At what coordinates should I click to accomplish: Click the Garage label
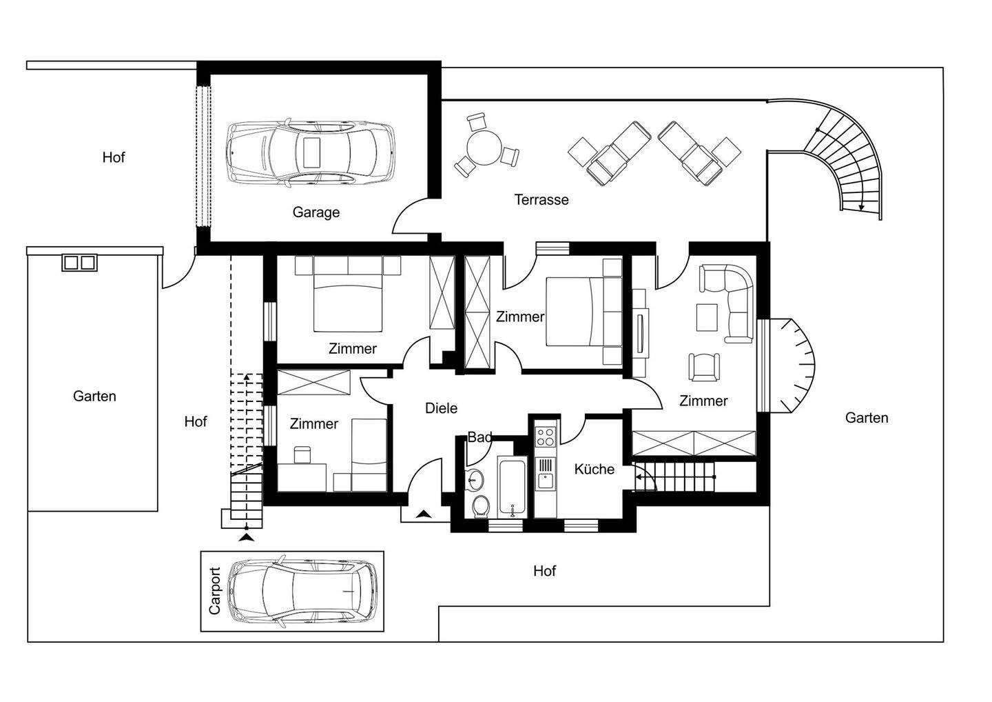[316, 212]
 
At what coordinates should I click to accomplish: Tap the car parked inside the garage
[311, 153]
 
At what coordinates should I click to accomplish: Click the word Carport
[215, 591]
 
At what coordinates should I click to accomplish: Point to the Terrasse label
[541, 200]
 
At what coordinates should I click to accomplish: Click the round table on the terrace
[484, 146]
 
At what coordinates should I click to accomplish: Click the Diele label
[441, 408]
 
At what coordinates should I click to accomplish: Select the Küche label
[594, 470]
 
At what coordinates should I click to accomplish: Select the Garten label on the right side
[867, 418]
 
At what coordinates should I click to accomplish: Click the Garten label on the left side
[94, 397]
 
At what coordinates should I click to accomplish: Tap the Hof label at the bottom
[544, 571]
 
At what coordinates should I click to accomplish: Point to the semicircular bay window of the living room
[792, 365]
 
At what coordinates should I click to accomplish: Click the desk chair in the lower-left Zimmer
[302, 454]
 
